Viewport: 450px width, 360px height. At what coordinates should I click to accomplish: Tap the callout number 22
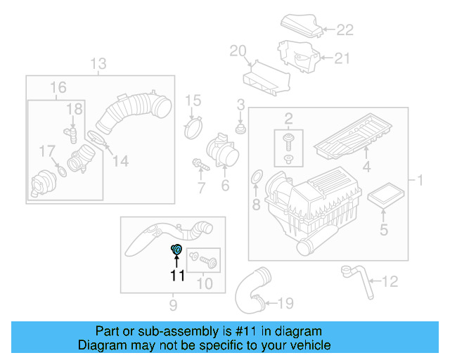pos(345,30)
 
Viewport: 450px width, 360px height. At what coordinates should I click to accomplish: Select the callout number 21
pos(341,58)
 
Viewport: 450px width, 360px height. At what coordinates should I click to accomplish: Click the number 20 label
pos(238,50)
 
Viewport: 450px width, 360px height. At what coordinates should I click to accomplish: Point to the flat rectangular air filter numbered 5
pos(384,197)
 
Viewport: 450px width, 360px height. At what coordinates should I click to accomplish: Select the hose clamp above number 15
pos(193,129)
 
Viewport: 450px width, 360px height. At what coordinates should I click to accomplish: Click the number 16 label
pos(58,87)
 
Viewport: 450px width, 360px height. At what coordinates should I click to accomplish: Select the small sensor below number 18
pos(70,132)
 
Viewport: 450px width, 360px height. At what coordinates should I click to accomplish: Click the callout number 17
pos(46,150)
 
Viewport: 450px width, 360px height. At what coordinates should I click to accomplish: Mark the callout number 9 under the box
pos(173,304)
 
